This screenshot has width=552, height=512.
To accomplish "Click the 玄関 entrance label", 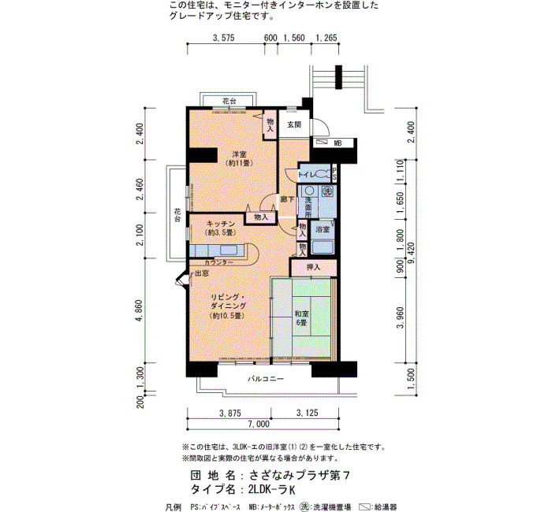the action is point(294,124).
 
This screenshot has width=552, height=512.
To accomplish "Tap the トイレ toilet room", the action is point(315,174).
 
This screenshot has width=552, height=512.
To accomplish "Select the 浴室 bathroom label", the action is point(323,229).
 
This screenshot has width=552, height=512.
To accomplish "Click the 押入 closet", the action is point(313,267).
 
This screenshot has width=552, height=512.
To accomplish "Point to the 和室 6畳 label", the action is point(301,317).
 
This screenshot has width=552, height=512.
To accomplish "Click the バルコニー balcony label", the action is point(265,379).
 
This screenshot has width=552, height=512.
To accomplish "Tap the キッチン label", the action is point(220,224).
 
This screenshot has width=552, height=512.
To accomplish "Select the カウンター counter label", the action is point(218,262).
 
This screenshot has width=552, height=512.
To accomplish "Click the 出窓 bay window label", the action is point(202,273).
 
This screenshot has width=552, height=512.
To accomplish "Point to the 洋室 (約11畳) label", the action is point(240,158).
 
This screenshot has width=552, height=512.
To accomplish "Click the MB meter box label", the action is point(338,143).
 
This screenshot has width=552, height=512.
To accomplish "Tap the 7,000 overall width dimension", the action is point(259,424).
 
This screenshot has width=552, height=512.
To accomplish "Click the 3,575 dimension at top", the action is point(223,38).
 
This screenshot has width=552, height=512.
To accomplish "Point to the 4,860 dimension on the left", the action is point(140,310).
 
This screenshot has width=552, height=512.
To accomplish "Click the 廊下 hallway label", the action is point(287,200).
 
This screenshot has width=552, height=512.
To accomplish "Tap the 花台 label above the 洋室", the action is point(229,102).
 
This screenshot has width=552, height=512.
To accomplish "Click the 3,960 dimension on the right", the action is point(401,317).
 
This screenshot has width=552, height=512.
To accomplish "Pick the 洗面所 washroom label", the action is point(308,207).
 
